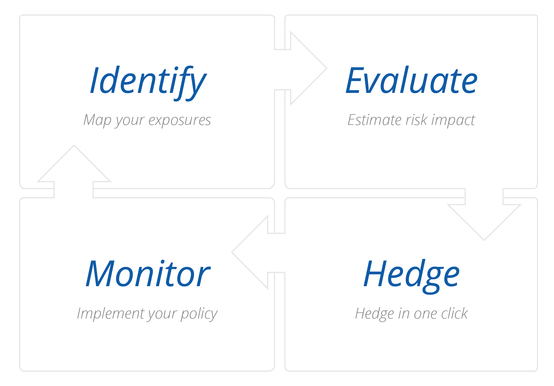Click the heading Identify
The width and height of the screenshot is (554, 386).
(148, 82)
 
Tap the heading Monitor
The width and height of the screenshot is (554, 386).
(148, 274)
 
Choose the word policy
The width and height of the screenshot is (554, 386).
(199, 314)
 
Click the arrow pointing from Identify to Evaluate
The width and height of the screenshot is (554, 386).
(301, 68)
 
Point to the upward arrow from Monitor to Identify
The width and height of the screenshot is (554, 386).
(74, 171)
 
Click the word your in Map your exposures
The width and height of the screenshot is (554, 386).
(130, 122)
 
